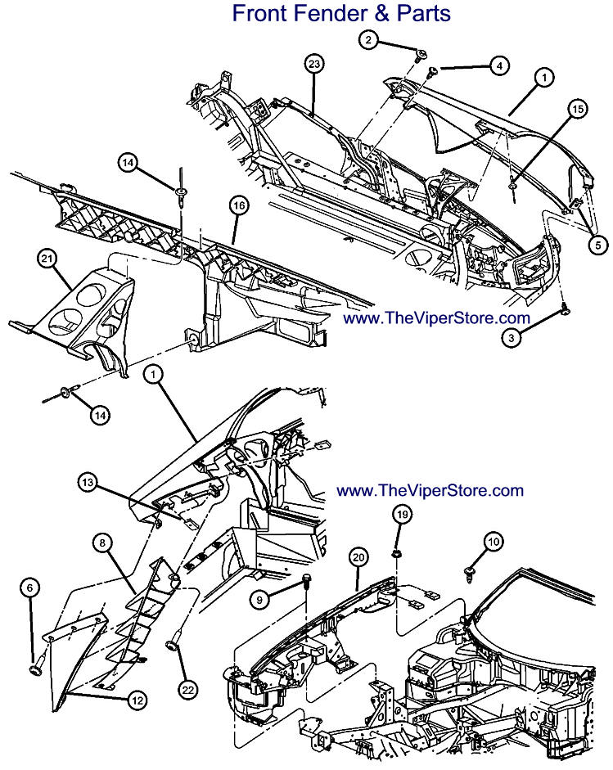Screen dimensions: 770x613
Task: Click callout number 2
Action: pyautogui.click(x=369, y=38)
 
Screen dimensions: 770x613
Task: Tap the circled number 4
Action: pyautogui.click(x=498, y=65)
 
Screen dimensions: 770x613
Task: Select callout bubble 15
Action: pyautogui.click(x=578, y=109)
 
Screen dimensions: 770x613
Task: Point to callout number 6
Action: pyautogui.click(x=30, y=588)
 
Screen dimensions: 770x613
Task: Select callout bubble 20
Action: pyautogui.click(x=357, y=556)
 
